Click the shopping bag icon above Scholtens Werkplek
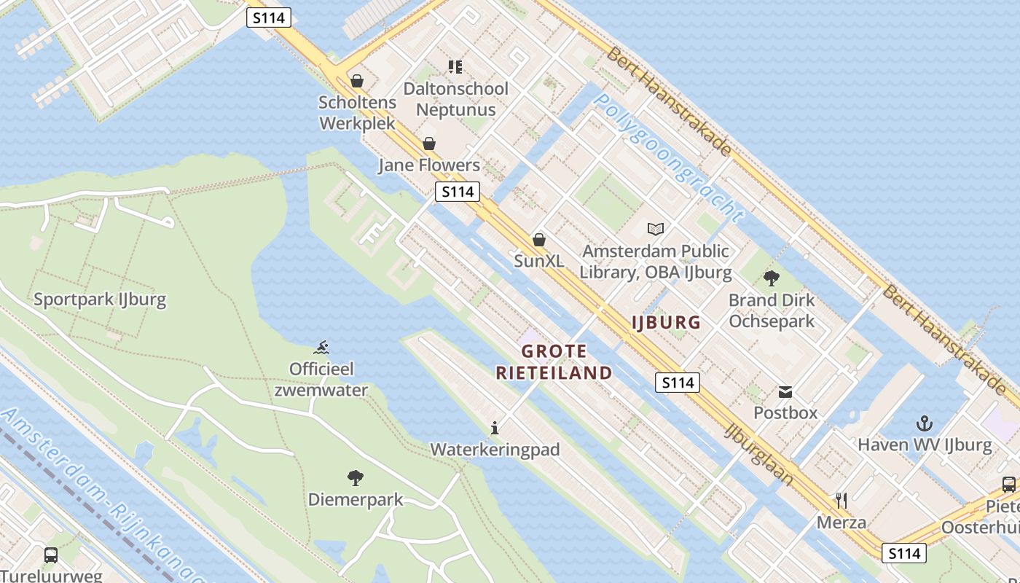pos(357,81)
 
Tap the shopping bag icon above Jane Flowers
pos(429,144)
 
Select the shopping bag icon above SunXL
pos(539,239)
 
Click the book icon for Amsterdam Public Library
pos(656,229)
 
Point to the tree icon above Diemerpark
pos(356,478)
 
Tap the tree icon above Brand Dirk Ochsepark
pos(772,278)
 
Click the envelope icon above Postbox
pos(785,392)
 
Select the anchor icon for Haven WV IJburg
pos(925,423)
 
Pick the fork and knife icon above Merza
pos(841,501)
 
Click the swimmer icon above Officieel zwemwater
pos(321,347)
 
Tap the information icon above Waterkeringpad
pos(495,428)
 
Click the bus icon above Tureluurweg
pos(51,555)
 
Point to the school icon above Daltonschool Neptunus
pos(455,67)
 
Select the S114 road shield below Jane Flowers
pos(458,192)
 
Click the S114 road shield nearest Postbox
pos(677,383)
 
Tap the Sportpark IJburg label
pos(100,299)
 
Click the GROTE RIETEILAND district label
pos(554,362)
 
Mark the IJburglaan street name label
pos(758,453)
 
